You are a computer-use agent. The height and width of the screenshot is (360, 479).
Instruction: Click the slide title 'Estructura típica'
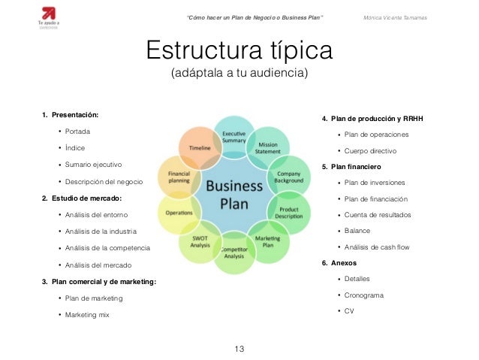coord(239,52)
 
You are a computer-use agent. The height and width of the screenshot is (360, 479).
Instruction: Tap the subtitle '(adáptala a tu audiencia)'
coord(239,74)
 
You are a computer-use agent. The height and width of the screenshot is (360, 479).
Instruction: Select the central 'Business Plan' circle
coord(233,195)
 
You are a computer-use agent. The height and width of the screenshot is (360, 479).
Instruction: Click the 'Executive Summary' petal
coord(233,136)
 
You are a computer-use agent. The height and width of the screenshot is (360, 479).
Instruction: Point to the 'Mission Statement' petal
coord(268,148)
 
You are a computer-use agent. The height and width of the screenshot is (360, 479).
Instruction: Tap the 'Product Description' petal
coord(289,212)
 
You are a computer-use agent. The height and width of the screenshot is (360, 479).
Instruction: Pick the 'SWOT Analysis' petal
coord(199,243)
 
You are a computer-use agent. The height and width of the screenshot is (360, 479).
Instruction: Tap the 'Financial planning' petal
coord(178,177)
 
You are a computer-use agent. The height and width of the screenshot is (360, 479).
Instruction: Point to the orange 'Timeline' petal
coord(200,148)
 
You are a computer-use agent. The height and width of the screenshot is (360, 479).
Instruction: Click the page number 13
coord(239,349)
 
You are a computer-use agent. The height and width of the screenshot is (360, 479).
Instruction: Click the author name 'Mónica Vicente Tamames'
coord(394,17)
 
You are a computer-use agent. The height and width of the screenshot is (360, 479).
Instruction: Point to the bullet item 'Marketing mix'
coord(87,315)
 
